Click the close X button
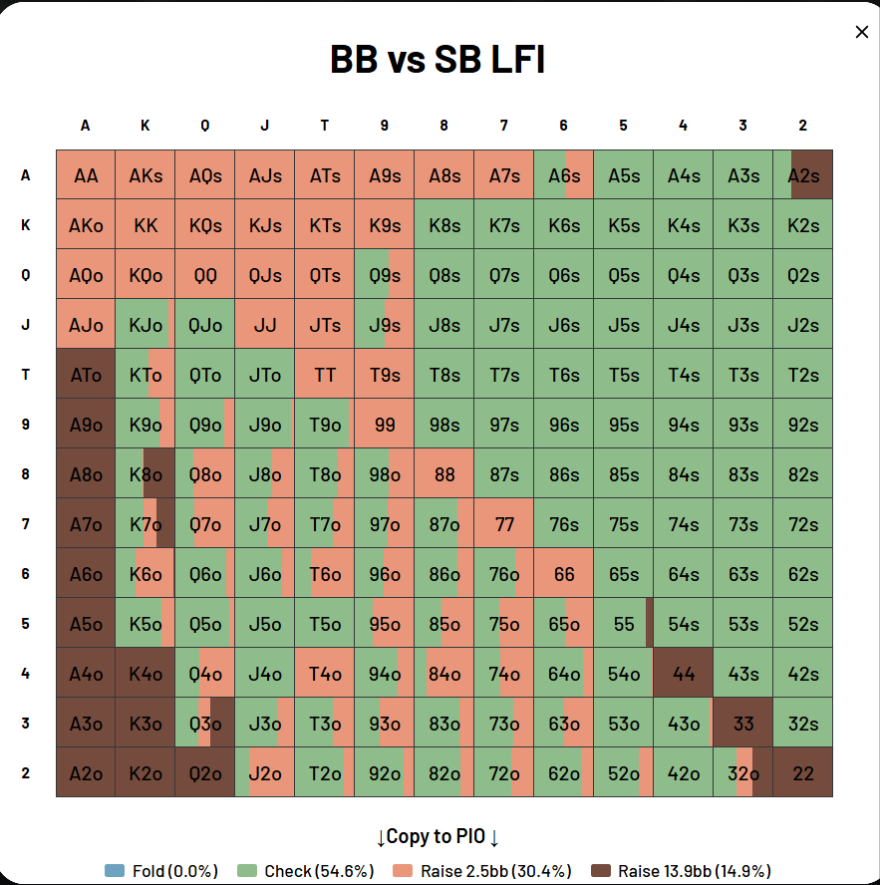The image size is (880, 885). [862, 32]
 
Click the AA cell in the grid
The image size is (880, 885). [86, 175]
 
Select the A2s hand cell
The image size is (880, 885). [803, 175]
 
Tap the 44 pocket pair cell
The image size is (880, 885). [684, 674]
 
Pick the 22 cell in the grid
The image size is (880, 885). [803, 773]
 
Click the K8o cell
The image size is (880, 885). [146, 474]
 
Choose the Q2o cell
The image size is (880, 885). [205, 773]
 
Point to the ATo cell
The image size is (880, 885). [86, 375]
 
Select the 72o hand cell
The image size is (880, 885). [504, 773]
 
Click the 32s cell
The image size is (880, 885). [803, 724]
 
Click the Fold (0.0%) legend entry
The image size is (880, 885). [161, 871]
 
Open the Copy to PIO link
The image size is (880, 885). [438, 837]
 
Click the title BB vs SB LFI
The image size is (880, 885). [438, 60]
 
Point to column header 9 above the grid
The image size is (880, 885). [385, 126]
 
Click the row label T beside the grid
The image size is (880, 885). [26, 375]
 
